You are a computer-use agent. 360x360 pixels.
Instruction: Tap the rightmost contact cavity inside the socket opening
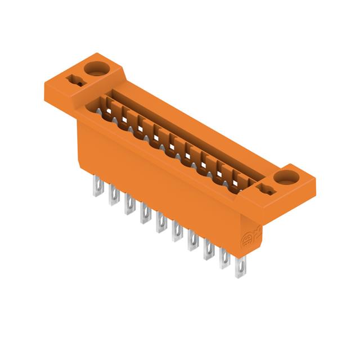[242, 182]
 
